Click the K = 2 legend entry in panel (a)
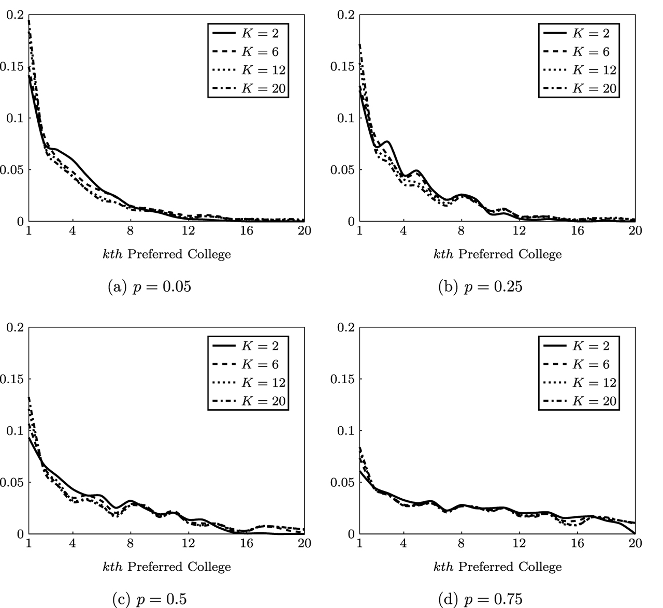248,34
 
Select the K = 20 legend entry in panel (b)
579,89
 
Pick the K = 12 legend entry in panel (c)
248,383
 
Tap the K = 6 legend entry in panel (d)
579,365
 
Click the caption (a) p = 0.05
149,286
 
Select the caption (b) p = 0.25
480,286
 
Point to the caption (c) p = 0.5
149,599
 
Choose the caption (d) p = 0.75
480,599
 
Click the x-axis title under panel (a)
166,254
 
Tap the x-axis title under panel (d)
497,567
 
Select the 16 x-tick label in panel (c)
247,543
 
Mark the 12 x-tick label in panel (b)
520,230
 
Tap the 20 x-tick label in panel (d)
635,543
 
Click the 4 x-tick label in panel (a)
73,230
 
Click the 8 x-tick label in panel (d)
461,543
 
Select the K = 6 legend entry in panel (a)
248,52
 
